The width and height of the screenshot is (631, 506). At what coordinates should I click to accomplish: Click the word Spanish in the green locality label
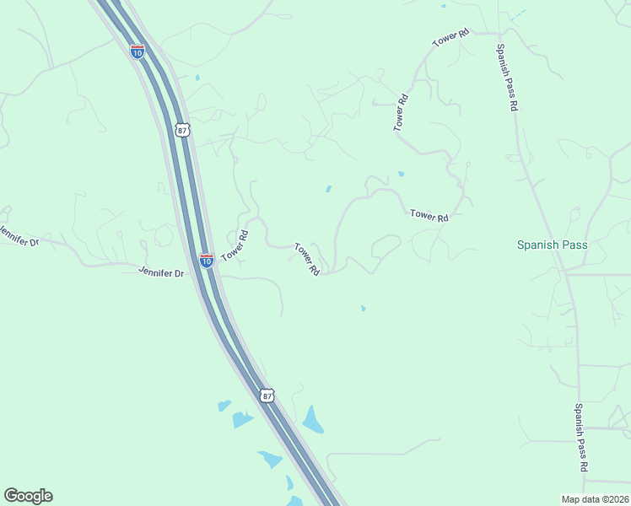point(538,245)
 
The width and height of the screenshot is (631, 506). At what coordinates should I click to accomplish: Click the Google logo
point(28,496)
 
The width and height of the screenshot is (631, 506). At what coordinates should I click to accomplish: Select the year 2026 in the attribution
point(616,498)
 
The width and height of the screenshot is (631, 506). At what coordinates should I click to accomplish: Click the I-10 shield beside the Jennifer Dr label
point(206,261)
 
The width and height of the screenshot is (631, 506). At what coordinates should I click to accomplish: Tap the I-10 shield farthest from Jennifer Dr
point(137,51)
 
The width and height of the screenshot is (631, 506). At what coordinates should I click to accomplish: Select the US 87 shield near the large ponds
point(267,395)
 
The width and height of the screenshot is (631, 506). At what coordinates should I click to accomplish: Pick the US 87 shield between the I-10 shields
point(182,129)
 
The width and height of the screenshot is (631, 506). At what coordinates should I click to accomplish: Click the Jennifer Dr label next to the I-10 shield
point(161,272)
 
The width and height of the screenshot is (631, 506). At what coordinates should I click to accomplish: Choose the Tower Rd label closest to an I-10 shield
point(235,245)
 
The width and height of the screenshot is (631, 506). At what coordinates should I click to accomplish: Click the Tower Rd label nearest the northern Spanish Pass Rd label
point(450,38)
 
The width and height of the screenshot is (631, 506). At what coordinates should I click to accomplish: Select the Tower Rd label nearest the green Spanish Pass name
point(429,216)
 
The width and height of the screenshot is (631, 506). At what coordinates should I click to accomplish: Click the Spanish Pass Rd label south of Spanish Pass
point(581,437)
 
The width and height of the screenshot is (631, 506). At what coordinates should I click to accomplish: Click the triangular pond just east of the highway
point(313,419)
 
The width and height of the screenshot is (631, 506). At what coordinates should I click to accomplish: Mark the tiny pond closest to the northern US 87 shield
point(197,78)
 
